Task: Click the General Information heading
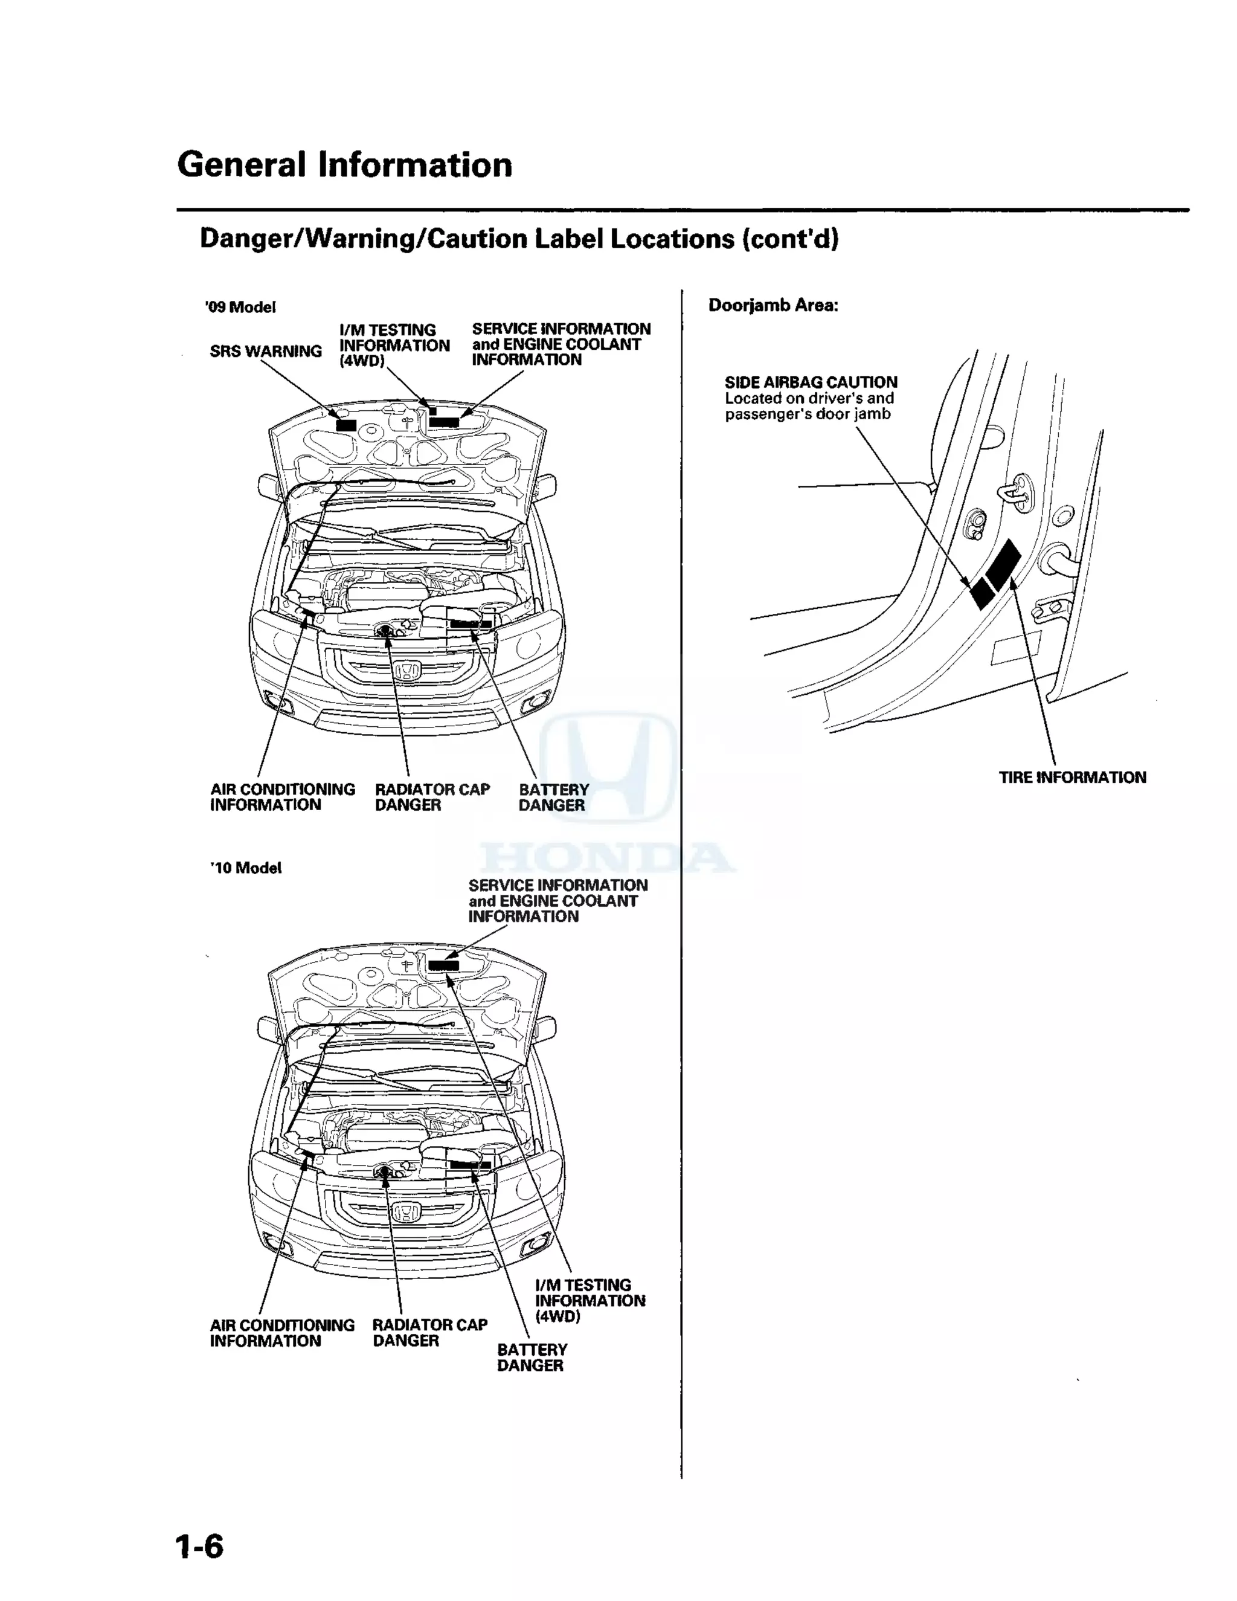(x=344, y=165)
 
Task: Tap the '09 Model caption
(x=240, y=307)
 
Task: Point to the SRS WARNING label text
(x=265, y=351)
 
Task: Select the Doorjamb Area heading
(x=773, y=306)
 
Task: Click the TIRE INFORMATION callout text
(x=1072, y=777)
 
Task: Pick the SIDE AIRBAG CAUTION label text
(x=811, y=382)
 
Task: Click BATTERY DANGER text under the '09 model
(x=553, y=797)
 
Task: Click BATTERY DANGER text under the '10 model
(x=532, y=1357)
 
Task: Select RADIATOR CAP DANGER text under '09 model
(x=432, y=797)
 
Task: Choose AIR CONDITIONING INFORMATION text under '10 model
(x=281, y=1333)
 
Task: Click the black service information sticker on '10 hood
(x=443, y=965)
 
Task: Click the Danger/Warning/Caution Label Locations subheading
(x=519, y=239)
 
